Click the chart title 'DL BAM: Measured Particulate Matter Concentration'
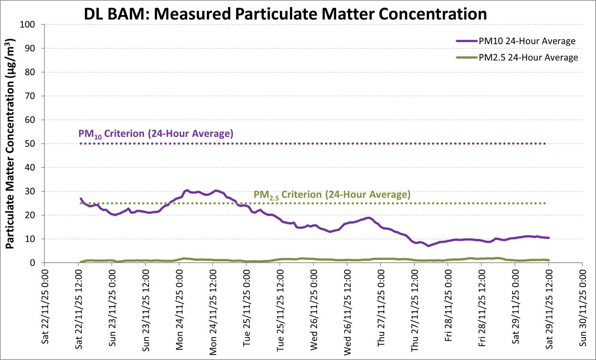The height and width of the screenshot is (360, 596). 286,13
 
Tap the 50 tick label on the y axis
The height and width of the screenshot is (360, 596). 33,144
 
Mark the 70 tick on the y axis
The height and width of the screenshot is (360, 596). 33,96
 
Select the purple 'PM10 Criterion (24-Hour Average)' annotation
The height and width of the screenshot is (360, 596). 156,134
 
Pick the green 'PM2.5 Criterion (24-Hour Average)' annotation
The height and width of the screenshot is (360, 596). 332,195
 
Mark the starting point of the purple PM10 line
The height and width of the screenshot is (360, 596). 81,198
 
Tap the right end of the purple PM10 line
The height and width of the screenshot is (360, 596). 549,238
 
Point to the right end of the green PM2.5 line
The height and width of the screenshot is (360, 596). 549,260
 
